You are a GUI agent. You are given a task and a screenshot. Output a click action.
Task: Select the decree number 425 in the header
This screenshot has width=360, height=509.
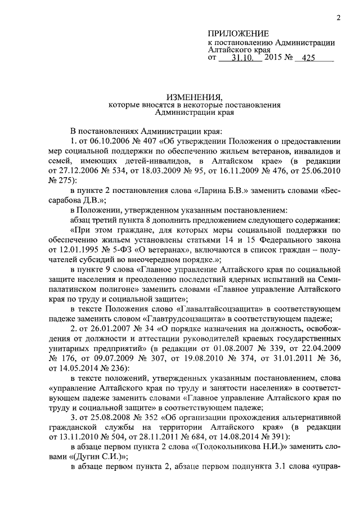click(x=309, y=58)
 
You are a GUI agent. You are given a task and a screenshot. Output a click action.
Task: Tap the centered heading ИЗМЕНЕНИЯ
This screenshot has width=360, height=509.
click(x=195, y=97)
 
